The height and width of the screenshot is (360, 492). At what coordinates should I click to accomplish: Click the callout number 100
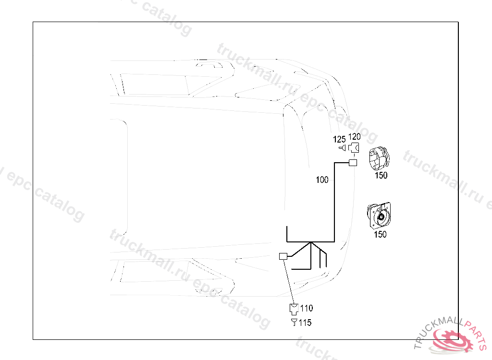click(322, 180)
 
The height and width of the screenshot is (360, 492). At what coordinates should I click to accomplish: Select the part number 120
click(355, 137)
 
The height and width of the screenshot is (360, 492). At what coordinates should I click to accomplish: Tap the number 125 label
click(340, 139)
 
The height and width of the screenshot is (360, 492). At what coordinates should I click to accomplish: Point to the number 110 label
click(306, 308)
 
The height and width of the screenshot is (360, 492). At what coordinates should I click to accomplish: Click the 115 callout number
click(305, 323)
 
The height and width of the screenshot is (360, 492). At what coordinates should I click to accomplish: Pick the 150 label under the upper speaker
click(381, 176)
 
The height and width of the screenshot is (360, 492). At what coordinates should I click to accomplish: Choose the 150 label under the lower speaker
click(380, 235)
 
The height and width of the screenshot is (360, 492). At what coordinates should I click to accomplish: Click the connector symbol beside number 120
click(354, 147)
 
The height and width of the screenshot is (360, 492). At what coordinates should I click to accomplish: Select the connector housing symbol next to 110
click(294, 309)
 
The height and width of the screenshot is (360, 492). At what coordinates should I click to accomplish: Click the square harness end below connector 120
click(353, 163)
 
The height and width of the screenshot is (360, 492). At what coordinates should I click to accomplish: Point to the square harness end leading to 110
click(283, 256)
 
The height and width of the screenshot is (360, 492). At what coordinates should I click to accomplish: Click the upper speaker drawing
click(379, 158)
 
